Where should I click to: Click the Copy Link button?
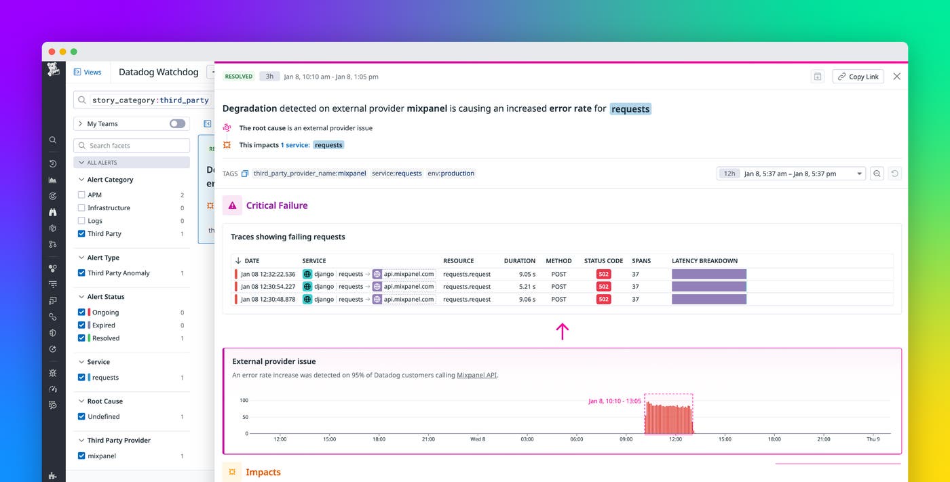point(858,77)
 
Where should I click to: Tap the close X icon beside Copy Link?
point(896,77)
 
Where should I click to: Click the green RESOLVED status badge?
point(239,77)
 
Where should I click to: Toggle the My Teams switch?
point(177,124)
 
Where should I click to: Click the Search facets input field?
point(132,146)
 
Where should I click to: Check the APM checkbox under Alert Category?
point(82,195)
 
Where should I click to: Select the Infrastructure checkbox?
point(82,208)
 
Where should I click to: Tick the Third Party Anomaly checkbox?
point(82,273)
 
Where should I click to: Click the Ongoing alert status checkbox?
point(82,313)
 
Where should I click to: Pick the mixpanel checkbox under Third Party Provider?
point(82,456)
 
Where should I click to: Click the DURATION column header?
point(520,261)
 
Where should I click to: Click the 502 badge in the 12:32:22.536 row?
point(603,275)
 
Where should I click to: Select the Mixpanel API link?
point(476,375)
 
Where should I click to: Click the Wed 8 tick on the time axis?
point(478,439)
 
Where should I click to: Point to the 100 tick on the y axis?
point(244,401)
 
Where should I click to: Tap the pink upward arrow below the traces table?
point(562,331)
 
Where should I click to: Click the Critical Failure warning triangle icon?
point(232,205)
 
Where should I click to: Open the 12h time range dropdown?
point(791,174)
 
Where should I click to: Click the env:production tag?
point(451,174)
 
